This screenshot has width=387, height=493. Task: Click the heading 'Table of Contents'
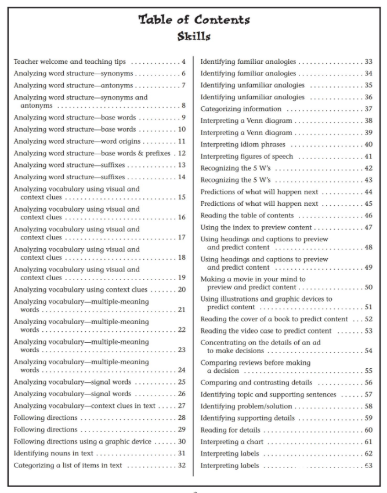(194, 20)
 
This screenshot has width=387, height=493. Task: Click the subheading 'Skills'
(194, 37)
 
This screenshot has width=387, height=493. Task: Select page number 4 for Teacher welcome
(183, 61)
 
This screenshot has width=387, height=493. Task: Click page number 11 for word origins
(182, 142)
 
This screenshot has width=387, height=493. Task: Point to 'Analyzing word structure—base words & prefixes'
(92, 153)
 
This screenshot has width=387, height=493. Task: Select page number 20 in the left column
(182, 289)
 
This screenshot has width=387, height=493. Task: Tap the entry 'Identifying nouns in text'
(53, 453)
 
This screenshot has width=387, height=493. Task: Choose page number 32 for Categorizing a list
(182, 465)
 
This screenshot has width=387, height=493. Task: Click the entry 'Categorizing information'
(241, 109)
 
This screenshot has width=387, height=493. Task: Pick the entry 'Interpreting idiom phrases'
(243, 144)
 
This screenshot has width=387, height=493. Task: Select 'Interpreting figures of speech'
(247, 157)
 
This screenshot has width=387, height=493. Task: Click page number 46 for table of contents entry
(368, 216)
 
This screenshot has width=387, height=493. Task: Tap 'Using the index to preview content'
(256, 227)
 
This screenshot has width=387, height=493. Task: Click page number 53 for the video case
(368, 331)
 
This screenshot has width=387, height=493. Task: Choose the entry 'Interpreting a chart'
(232, 442)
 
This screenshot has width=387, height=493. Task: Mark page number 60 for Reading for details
(368, 430)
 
